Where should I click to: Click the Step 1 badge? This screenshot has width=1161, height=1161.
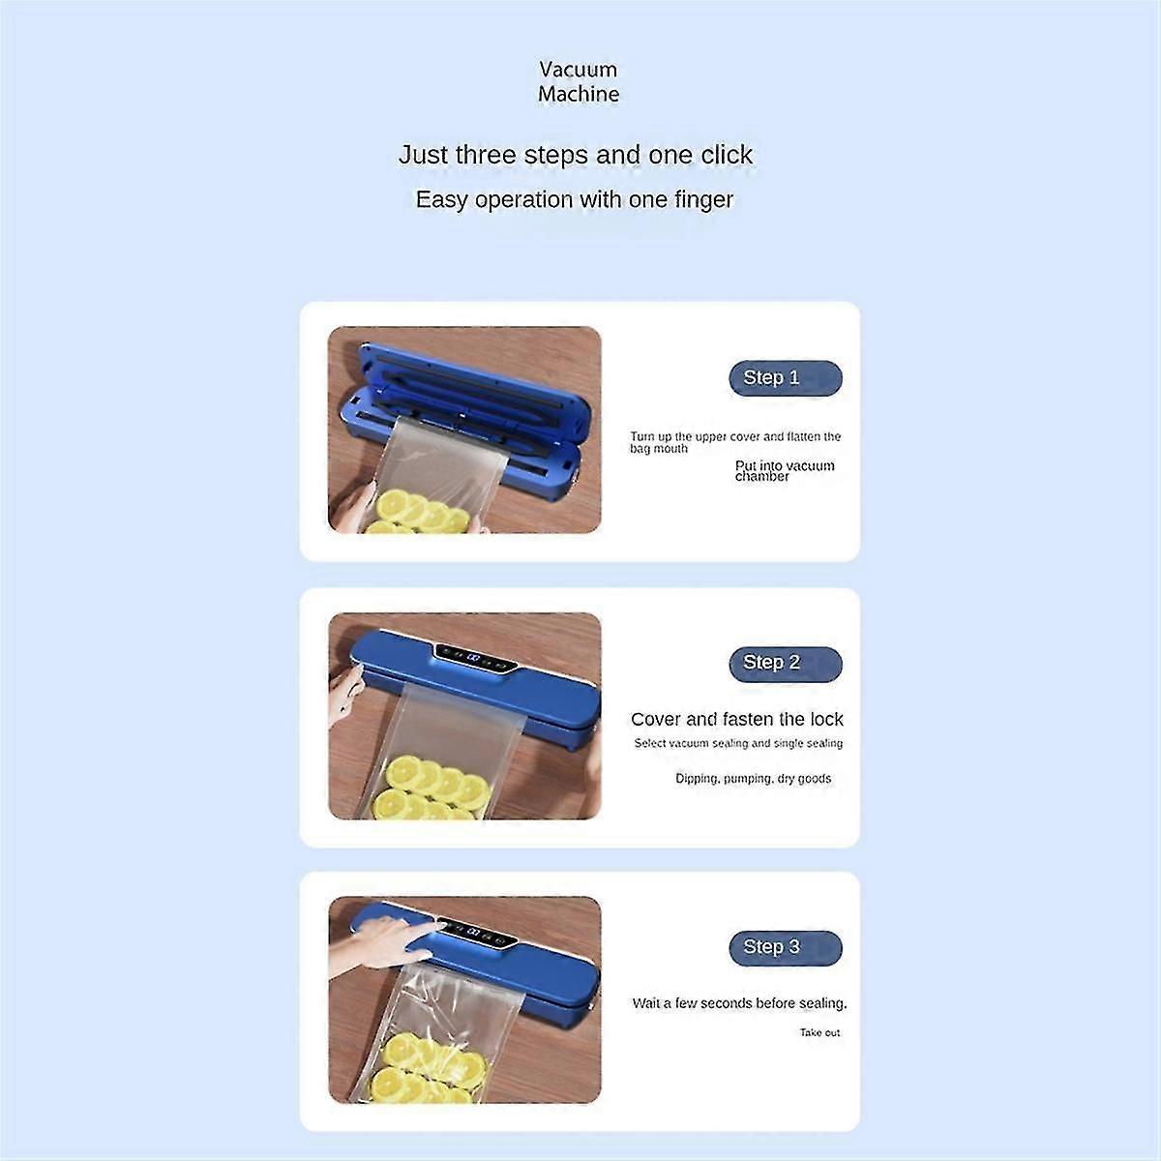[x=785, y=377]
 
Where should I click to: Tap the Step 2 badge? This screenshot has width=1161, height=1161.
[x=785, y=664]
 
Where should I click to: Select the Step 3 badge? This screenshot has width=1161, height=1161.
[x=785, y=948]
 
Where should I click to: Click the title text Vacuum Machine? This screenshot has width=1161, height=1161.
[x=579, y=81]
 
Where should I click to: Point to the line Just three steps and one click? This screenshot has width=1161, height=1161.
[x=576, y=155]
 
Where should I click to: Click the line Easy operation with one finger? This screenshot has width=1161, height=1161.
[x=574, y=199]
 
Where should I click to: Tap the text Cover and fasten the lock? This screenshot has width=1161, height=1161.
[x=737, y=719]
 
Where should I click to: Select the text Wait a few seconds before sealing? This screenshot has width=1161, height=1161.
[x=739, y=1003]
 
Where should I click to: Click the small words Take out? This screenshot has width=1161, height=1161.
[x=819, y=1032]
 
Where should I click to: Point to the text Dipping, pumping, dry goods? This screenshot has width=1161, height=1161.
[x=753, y=779]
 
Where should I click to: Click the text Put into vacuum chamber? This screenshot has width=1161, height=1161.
[x=785, y=470]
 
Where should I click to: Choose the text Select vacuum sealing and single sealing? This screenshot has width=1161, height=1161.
[x=738, y=743]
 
